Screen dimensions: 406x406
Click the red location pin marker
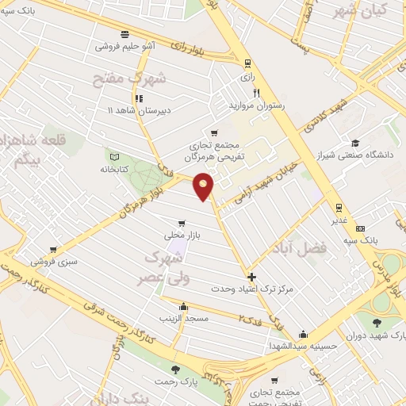coord(205,186)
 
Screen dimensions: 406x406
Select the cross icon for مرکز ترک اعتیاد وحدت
coord(252,277)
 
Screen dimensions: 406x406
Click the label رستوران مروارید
coord(257,105)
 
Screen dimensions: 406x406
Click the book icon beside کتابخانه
coord(115,156)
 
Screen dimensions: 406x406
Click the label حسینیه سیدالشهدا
coord(303,346)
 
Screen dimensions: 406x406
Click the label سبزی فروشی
coord(54,260)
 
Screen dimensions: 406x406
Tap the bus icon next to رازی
coord(248,63)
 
